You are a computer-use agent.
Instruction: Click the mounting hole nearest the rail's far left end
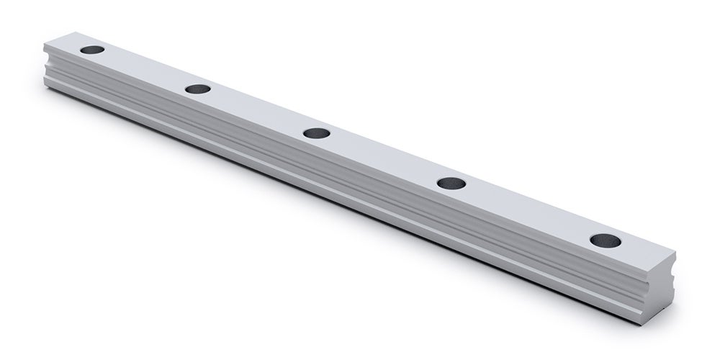tap(91, 51)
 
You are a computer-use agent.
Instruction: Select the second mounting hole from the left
tap(197, 89)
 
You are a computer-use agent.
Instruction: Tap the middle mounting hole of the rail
tap(316, 133)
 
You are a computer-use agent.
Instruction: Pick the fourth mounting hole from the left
tap(451, 183)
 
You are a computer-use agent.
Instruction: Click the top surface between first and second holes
tap(144, 70)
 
